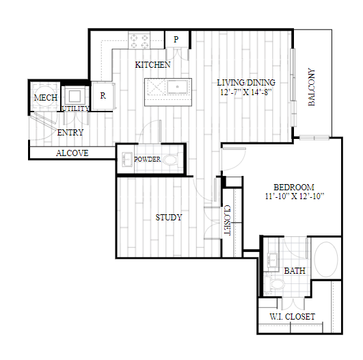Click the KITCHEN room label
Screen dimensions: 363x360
pos(153,64)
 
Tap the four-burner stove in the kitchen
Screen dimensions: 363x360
pos(139,40)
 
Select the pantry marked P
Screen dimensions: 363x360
pos(176,39)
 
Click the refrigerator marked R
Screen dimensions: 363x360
pos(103,95)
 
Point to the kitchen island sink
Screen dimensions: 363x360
pos(177,87)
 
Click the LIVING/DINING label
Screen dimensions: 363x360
pos(246,83)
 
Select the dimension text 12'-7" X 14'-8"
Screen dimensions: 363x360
pos(245,92)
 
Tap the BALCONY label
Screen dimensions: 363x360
pos(312,87)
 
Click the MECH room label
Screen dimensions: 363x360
pos(46,98)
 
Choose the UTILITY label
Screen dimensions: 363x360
pos(75,108)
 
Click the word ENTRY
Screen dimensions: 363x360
pos(70,133)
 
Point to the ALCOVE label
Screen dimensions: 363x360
pos(72,153)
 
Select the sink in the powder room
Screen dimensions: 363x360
pos(127,159)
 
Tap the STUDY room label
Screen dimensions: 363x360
pos(169,218)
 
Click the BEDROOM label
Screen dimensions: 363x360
pos(294,187)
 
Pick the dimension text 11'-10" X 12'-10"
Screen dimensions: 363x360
pos(294,196)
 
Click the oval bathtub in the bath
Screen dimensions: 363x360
pos(326,259)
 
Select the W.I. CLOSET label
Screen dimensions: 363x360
pos(293,317)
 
